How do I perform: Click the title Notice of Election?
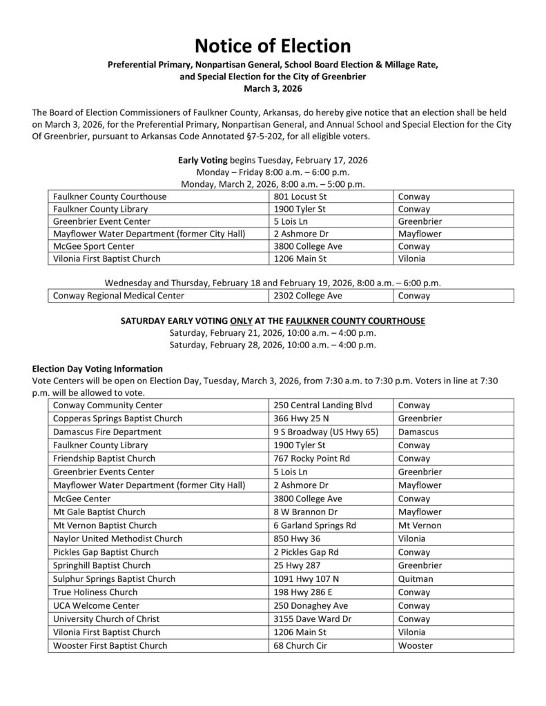pos(273,46)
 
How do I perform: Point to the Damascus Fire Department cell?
pos(106,432)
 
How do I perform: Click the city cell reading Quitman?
pos(416,578)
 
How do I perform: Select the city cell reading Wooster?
pos(416,645)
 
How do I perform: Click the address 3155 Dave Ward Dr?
pos(313,618)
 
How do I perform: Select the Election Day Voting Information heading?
pos(97,368)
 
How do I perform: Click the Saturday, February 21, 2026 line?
pos(273,333)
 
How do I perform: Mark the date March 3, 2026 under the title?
pos(273,89)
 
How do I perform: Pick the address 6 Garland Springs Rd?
pos(315,525)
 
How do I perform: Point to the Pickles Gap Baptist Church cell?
pos(106,552)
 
